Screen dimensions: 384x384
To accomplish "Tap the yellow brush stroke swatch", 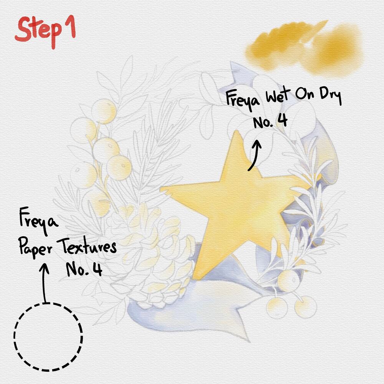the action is pos(304,48).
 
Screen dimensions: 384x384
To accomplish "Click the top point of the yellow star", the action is pos(237,131).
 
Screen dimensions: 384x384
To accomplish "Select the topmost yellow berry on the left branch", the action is pos(104,111).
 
